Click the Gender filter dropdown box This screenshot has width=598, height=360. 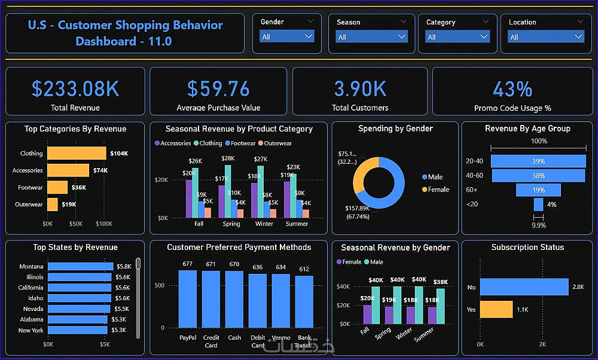(287, 36)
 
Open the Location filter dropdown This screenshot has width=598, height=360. (545, 37)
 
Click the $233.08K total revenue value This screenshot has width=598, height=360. (75, 89)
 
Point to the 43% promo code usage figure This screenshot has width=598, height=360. (512, 90)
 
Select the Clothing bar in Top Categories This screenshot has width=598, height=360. (77, 154)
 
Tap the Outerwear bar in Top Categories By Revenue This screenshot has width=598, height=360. (53, 205)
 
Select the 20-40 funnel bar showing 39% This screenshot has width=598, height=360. (538, 161)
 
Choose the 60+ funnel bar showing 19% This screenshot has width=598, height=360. (538, 190)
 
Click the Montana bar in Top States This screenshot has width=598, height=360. (80, 267)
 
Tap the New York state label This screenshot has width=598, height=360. (30, 330)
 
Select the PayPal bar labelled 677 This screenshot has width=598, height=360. (188, 299)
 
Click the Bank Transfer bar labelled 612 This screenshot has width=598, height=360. (304, 301)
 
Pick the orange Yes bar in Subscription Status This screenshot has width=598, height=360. (496, 309)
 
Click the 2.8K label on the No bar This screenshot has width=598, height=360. (578, 287)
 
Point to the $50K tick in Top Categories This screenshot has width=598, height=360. (75, 224)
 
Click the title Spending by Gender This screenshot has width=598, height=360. (395, 129)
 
